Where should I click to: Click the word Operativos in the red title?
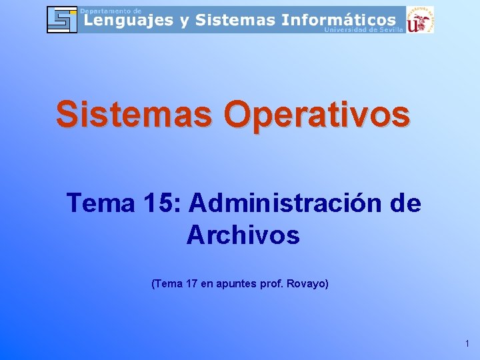coord(317,114)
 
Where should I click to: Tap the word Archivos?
coord(243,235)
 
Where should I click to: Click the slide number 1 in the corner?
coord(467,343)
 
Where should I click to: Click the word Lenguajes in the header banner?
coord(127,20)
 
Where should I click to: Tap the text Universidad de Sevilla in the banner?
coord(363,30)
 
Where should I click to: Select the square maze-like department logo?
coord(62,19)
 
